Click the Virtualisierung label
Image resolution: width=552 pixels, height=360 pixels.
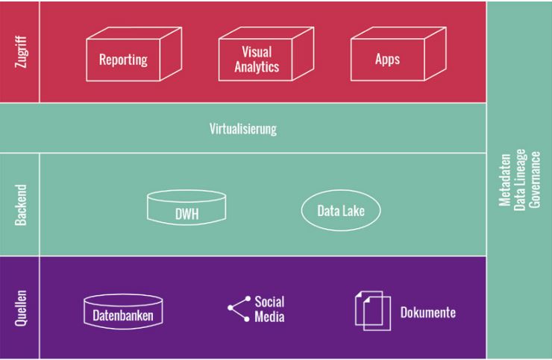242,129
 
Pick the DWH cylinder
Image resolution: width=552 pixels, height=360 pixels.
186,209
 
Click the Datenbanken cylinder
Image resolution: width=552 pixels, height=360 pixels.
123,312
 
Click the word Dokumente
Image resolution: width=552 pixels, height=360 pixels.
427,312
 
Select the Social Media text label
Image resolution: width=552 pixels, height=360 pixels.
269,309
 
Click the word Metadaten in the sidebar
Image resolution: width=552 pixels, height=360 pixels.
504,180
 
